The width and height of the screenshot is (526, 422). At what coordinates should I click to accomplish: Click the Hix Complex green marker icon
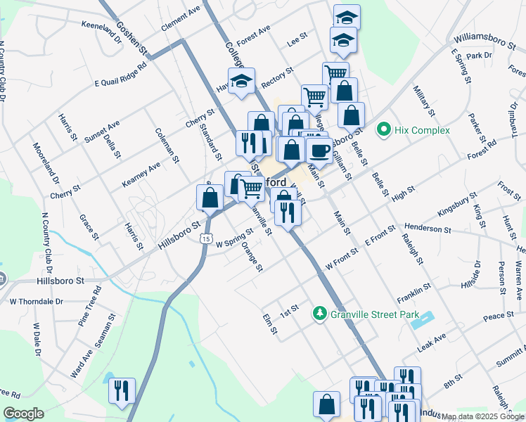383,129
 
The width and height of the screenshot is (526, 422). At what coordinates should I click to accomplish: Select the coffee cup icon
320,150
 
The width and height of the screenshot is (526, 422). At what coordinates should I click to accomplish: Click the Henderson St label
428,229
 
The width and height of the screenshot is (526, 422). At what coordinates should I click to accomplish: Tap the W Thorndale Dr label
36,301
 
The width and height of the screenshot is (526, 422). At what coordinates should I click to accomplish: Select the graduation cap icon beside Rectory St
241,82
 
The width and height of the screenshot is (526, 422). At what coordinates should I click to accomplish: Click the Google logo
24,414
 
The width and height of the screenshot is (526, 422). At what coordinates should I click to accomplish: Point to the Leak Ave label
431,339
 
